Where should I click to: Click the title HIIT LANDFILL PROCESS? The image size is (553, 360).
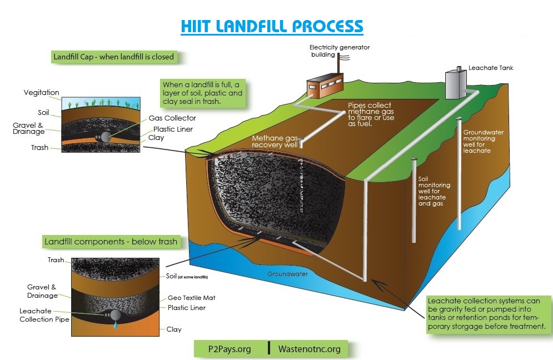pos(272,26)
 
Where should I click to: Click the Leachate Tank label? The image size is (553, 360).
pos(490,68)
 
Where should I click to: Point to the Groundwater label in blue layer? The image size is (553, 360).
pos(287,274)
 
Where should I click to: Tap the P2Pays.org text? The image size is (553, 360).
pos(230,349)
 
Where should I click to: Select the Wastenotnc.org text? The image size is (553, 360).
pos(308,349)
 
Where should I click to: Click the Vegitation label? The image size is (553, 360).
pos(41,93)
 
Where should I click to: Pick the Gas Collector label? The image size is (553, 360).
pos(172,118)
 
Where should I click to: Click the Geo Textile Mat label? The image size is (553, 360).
pos(191,298)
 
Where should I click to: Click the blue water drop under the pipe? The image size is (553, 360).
pos(116,326)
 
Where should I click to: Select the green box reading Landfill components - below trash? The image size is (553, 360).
pos(111,242)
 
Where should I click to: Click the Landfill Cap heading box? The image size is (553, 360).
pos(113,57)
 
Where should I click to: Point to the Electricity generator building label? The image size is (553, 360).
pos(339,51)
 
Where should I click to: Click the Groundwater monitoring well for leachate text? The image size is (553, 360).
pos(477,141)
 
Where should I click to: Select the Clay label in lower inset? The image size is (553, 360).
pos(174,329)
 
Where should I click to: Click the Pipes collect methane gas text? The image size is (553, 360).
pos(370,114)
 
